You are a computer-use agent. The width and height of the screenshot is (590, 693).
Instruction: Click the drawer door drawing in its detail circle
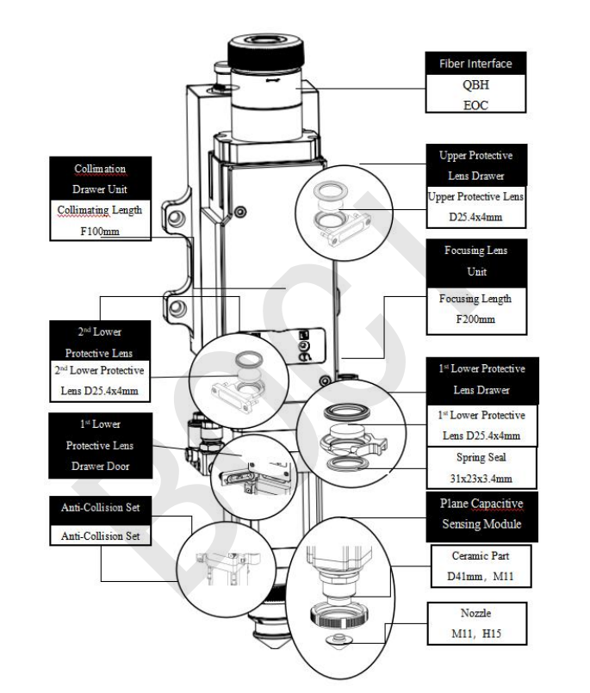245,470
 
